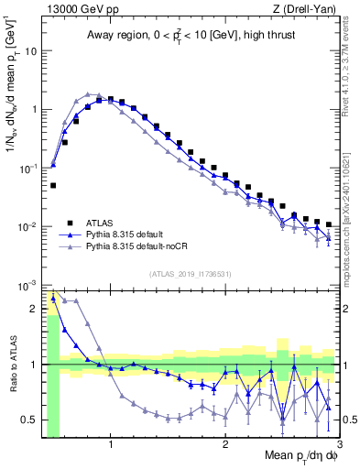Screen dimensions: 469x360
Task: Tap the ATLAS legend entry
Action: pyautogui.click(x=101, y=222)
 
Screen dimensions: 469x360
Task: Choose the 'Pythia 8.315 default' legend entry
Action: pyautogui.click(x=128, y=234)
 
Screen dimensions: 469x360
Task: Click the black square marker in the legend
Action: pyautogui.click(x=69, y=222)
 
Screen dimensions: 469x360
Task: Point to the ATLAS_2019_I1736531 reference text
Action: pyautogui.click(x=190, y=274)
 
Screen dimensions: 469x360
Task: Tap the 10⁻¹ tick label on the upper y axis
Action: pyautogui.click(x=28, y=169)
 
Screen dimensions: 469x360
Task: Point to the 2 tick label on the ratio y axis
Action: pyautogui.click(x=34, y=309)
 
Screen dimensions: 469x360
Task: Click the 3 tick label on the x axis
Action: pyautogui.click(x=339, y=446)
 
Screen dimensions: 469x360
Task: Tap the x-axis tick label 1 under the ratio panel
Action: pyautogui.click(x=111, y=446)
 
